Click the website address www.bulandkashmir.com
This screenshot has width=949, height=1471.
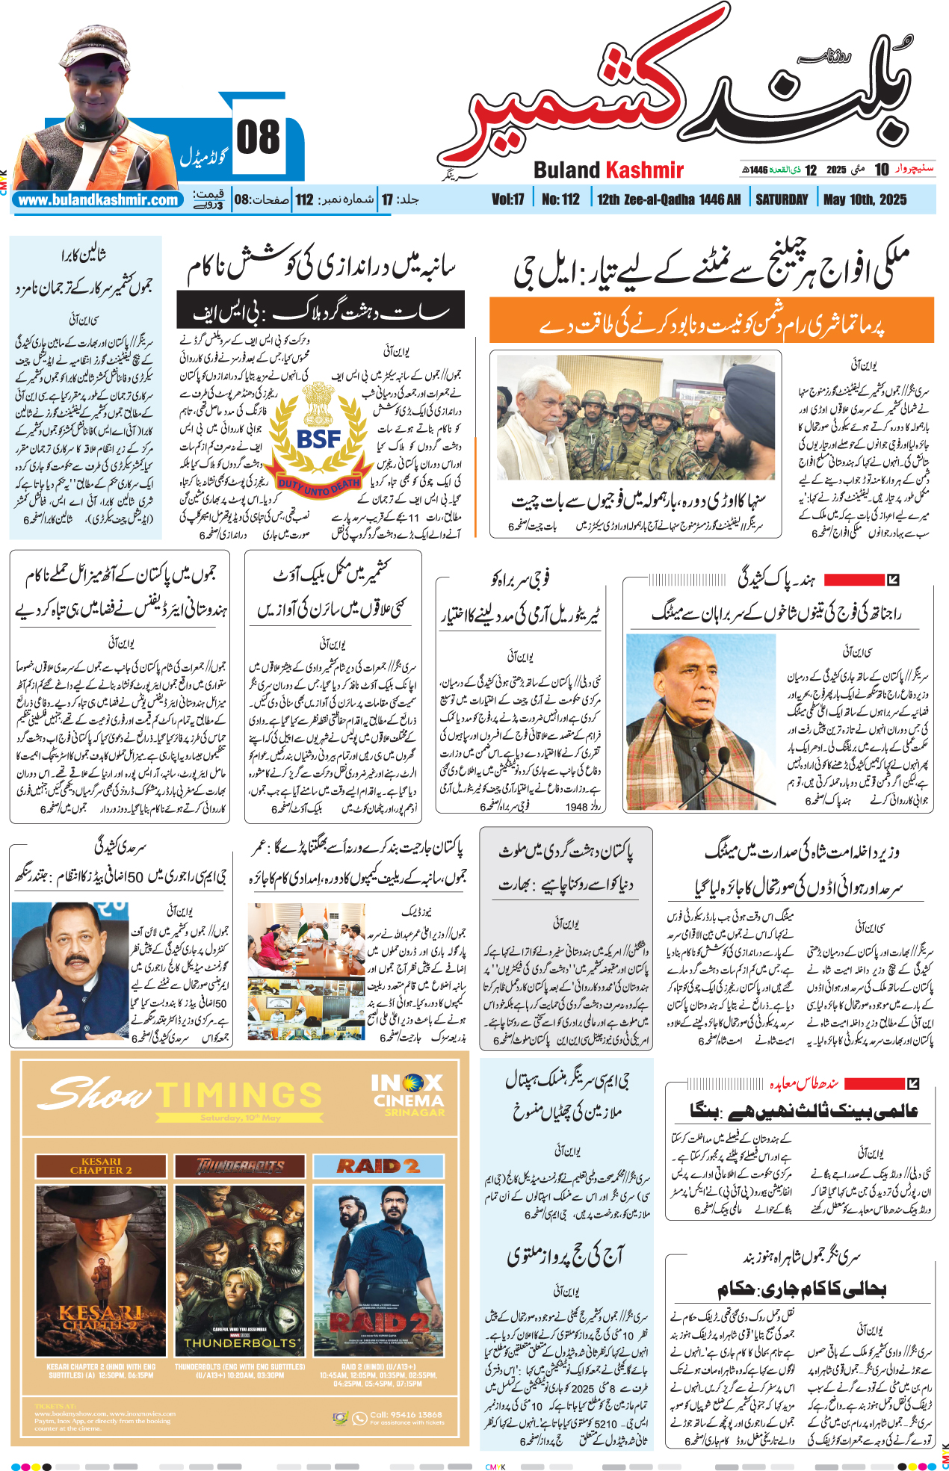point(98,200)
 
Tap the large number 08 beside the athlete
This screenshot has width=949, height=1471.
point(258,138)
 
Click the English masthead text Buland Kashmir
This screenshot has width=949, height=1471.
point(608,170)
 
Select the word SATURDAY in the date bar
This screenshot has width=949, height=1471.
point(782,199)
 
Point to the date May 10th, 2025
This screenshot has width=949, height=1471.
point(865,199)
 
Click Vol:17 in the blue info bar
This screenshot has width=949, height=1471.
point(507,199)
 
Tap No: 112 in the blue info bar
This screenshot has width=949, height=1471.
point(560,199)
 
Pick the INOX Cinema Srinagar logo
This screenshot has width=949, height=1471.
point(408,1095)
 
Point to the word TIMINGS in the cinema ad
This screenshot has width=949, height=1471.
point(239,1095)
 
